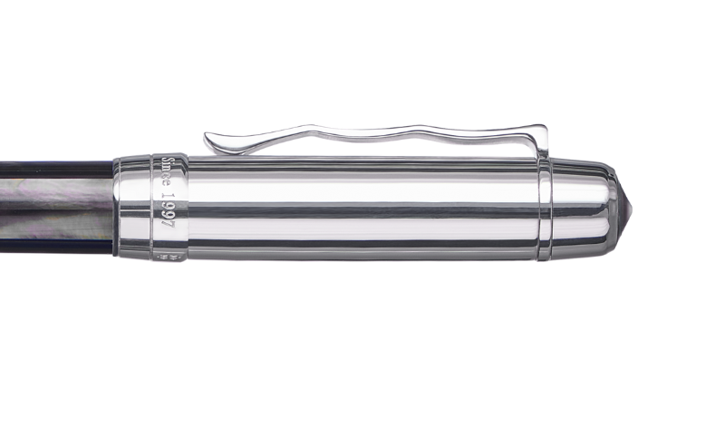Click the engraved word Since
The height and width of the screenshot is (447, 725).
(168, 175)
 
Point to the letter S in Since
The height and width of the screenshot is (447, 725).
(168, 161)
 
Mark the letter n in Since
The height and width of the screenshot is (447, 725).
(168, 175)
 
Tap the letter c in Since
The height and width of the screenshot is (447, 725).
(168, 181)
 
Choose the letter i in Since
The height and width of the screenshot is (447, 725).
(168, 169)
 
